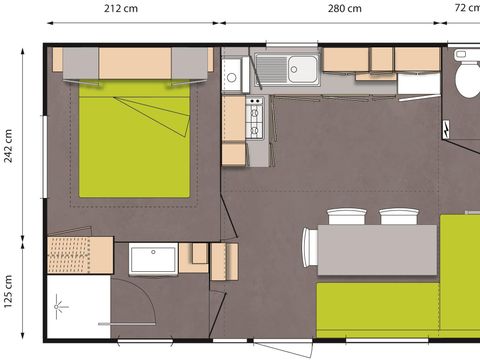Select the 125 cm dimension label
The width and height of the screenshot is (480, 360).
[x=10, y=292]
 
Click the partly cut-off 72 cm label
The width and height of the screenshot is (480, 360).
[x=466, y=9]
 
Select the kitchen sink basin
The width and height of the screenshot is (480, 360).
[x=302, y=68]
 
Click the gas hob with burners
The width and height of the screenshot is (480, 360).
[x=255, y=121]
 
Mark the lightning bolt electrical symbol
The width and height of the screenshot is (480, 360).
[x=446, y=129]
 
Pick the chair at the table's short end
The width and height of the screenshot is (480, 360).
[x=310, y=249]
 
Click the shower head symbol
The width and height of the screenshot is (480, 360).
[x=59, y=300]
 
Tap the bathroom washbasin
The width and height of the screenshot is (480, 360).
[x=153, y=258]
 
